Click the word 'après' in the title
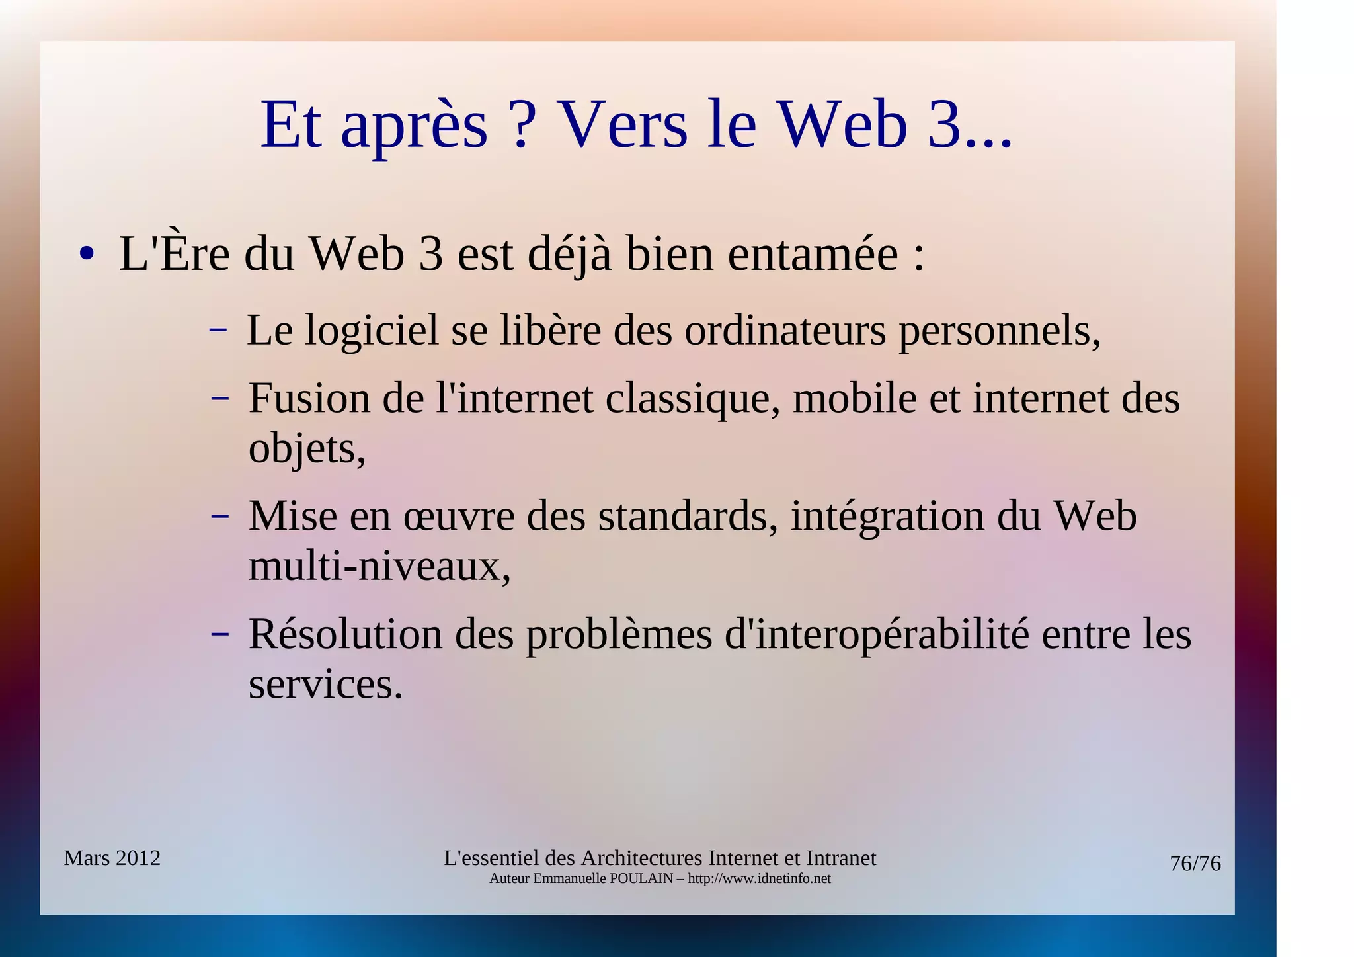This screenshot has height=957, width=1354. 414,127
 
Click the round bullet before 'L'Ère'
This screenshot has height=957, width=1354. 86,254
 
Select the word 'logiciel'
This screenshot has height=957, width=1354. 372,330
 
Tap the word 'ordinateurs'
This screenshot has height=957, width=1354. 785,330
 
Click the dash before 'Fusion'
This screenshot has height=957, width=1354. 219,399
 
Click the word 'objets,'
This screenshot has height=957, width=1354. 307,450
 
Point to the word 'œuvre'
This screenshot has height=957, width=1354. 459,517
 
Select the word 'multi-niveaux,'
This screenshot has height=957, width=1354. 379,567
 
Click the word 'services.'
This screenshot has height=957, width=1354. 325,685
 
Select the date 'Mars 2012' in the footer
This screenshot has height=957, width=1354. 112,858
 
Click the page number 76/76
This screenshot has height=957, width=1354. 1195,864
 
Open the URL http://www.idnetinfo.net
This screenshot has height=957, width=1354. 759,879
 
